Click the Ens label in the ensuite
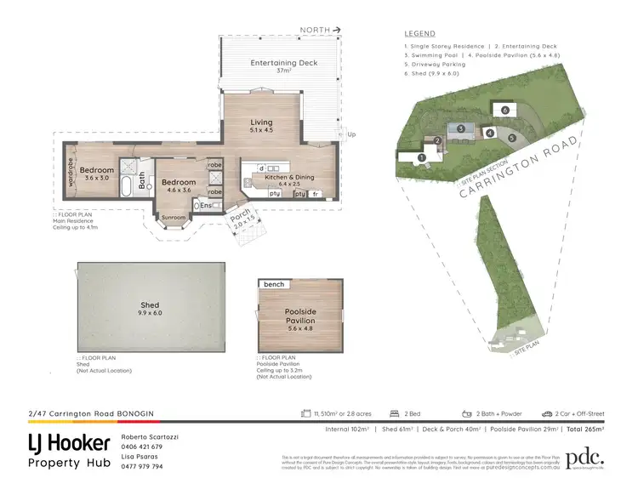tap(206, 205)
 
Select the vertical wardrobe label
tap(69, 174)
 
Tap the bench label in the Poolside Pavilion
tap(274, 284)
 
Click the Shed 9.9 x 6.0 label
tap(150, 309)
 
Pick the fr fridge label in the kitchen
tap(316, 195)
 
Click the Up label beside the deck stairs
tap(350, 135)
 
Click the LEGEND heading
tap(420, 34)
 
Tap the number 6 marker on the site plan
tap(504, 111)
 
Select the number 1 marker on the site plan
tap(422, 156)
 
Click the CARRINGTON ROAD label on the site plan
tap(522, 166)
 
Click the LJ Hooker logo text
tap(69, 443)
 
